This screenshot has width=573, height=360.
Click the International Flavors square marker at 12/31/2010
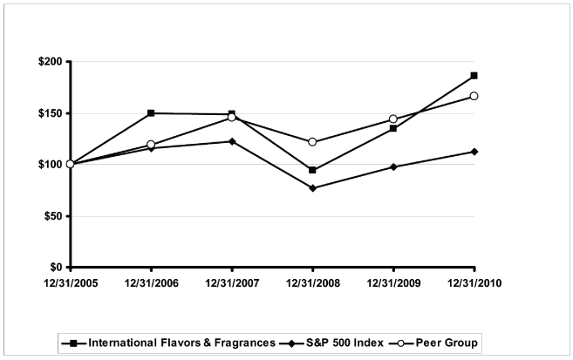[474, 76]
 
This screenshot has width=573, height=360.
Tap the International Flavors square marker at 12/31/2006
[151, 113]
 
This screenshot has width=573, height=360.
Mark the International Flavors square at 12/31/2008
[312, 170]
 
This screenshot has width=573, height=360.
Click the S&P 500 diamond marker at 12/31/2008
[312, 188]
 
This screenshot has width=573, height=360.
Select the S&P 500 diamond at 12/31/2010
[474, 152]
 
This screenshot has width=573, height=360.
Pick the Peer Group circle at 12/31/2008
[312, 142]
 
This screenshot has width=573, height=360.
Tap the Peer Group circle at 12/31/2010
[474, 96]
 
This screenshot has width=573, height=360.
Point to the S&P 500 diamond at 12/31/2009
[393, 166]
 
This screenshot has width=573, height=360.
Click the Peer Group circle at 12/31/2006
[151, 145]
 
